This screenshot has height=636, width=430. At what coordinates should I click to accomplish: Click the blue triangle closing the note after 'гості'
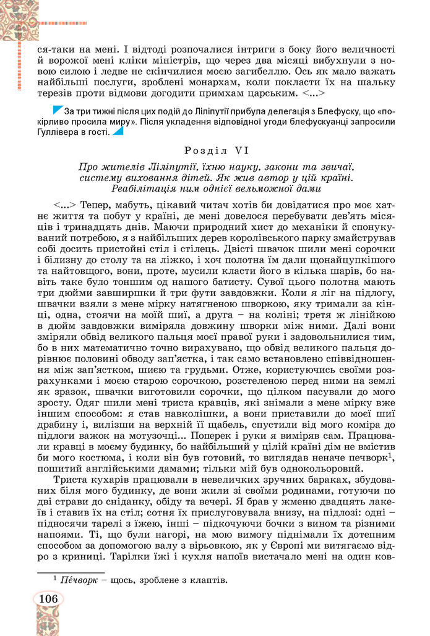117,130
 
